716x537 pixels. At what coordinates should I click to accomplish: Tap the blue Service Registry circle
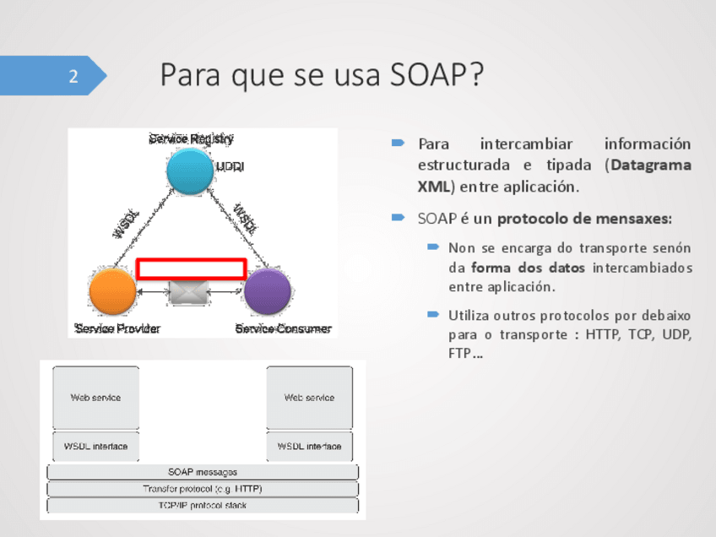pos(190,170)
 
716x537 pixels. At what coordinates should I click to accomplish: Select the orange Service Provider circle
pos(113,290)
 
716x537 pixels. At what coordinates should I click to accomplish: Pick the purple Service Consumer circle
pos(268,291)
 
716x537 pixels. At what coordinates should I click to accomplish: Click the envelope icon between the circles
pos(189,292)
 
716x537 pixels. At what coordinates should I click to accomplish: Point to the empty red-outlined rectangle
pos(191,268)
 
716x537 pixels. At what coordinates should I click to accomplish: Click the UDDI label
pos(230,167)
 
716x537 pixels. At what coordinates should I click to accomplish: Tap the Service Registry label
pos(191,138)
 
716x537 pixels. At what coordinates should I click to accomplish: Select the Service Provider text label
pos(117,328)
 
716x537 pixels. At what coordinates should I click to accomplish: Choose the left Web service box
pos(95,397)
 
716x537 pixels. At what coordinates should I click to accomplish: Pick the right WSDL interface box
pos(309,446)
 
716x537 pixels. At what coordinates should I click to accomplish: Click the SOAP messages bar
pos(203,472)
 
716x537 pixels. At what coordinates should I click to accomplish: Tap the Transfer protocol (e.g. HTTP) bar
pos(203,489)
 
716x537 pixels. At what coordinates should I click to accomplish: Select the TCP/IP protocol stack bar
pos(203,506)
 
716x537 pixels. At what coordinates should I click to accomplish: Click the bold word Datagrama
pos(651,165)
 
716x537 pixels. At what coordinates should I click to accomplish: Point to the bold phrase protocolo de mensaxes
pos(584,219)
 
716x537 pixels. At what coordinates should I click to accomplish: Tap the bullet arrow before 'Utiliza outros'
pos(433,315)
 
